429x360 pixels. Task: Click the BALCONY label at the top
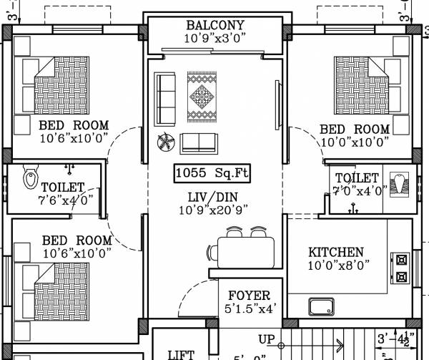[215, 24]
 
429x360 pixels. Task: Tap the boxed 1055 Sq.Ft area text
[212, 173]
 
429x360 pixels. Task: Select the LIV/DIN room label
[212, 197]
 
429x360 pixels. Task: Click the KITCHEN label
[335, 253]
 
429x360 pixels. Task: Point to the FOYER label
[249, 296]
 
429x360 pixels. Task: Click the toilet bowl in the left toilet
[31, 177]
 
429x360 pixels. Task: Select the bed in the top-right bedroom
[363, 84]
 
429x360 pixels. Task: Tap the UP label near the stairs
[267, 339]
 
